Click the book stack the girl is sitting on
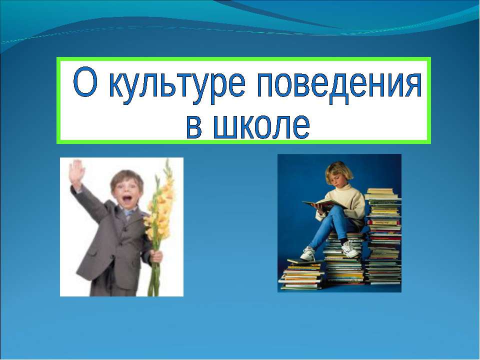click(345, 262)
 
